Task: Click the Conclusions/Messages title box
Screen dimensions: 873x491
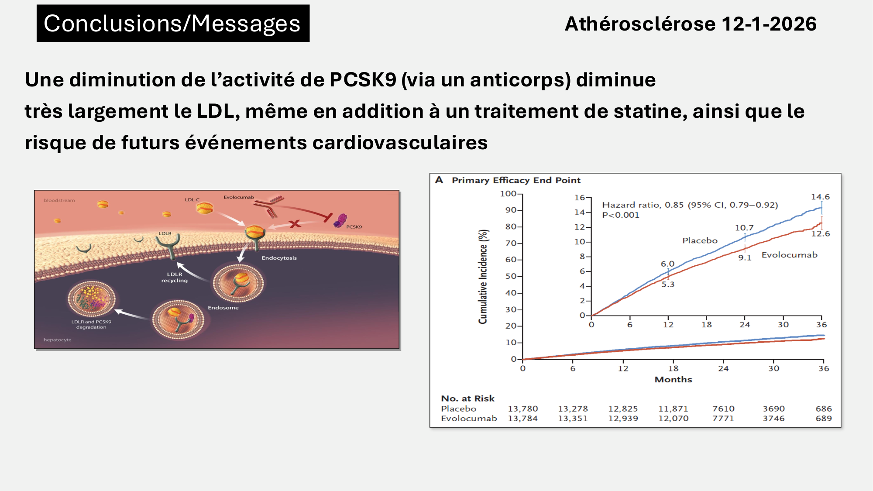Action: click(173, 23)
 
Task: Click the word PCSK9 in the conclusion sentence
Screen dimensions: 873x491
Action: click(363, 80)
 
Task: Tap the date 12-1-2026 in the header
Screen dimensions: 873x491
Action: click(769, 24)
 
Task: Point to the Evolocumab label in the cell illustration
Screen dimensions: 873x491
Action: click(239, 197)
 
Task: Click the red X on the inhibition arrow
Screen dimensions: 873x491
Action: click(295, 224)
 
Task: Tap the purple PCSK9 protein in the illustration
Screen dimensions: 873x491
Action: click(340, 221)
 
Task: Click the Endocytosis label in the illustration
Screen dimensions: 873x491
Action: click(279, 258)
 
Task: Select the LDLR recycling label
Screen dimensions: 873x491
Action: click(174, 278)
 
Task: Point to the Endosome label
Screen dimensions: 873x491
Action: click(223, 308)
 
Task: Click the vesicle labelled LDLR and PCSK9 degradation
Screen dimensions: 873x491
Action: click(92, 299)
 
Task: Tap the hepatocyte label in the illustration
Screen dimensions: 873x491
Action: click(57, 340)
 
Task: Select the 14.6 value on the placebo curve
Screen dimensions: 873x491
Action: click(820, 197)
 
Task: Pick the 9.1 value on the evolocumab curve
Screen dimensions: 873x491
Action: click(745, 258)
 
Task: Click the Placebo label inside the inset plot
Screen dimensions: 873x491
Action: click(700, 240)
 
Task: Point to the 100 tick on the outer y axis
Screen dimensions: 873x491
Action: click(508, 193)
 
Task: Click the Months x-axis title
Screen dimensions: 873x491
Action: click(673, 379)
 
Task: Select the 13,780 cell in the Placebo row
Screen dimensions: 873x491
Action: click(522, 409)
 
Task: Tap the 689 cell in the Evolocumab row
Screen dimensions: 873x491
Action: click(824, 418)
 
